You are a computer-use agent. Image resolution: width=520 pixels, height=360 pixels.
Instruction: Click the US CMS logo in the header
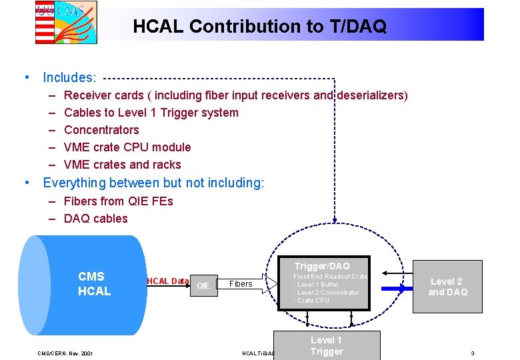point(66,22)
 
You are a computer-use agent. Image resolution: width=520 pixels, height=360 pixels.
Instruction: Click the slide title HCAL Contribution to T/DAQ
point(259,27)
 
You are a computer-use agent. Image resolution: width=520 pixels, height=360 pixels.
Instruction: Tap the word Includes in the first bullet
point(69,78)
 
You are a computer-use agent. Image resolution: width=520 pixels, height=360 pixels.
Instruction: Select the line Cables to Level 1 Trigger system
point(151,113)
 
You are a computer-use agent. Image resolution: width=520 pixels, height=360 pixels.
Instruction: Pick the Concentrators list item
point(101,130)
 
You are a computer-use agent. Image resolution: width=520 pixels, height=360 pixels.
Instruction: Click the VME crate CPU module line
point(127,147)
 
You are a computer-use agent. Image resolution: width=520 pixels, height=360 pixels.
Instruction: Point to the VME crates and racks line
point(122,165)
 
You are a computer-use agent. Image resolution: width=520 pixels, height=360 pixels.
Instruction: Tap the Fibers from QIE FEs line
point(118,201)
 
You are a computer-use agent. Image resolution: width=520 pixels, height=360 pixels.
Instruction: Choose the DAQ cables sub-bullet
point(95,219)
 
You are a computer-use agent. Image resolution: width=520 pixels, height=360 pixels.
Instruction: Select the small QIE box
point(203,285)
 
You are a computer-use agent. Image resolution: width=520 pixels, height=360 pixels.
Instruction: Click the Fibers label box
point(241,284)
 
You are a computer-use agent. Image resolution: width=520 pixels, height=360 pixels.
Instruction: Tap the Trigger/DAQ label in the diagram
point(321,266)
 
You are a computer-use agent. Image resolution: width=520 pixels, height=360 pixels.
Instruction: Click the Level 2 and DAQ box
point(447,287)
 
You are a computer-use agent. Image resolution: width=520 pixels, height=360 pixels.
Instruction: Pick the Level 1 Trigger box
point(327,345)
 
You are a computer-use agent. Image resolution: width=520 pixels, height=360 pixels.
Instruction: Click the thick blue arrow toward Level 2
point(394,289)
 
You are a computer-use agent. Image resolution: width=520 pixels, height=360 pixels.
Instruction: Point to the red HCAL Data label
point(167,281)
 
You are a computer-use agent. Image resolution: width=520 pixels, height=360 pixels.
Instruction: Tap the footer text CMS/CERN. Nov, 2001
point(65,353)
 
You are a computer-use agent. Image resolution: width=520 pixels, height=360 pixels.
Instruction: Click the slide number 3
point(472,353)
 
